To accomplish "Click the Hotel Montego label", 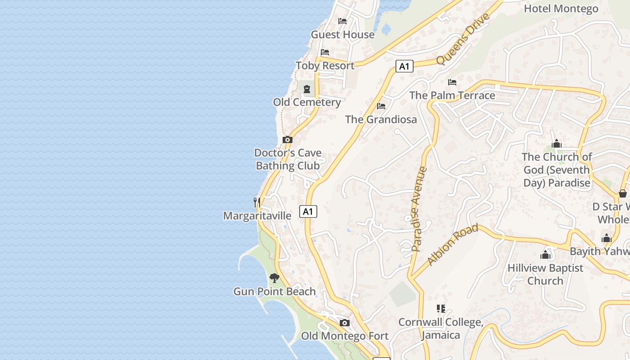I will pos(561,9).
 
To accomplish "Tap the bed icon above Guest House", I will pos(342,21).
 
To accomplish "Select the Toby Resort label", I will pos(325,66).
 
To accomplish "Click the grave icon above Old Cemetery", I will pos(307,89).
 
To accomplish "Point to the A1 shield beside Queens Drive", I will pos(405,67).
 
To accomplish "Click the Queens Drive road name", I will pos(462,40).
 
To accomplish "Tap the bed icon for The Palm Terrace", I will pos(452,82).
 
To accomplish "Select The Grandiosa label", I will pos(381,119).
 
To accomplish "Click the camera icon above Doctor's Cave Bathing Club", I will pos(288,139).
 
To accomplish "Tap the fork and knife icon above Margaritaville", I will pos(257,202).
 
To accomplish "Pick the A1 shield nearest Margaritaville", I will pos(308,211).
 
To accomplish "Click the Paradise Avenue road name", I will pos(418,209).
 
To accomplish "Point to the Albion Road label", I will pos(452,245).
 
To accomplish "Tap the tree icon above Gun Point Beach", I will pos(274,278).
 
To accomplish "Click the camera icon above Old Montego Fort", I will pos(345,323).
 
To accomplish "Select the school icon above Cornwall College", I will pos(441,309).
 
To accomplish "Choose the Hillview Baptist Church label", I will pos(545,274).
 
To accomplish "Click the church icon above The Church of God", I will pos(557,144).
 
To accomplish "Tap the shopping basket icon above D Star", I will pos(623,193).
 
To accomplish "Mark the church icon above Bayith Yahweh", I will pos(607,238).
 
